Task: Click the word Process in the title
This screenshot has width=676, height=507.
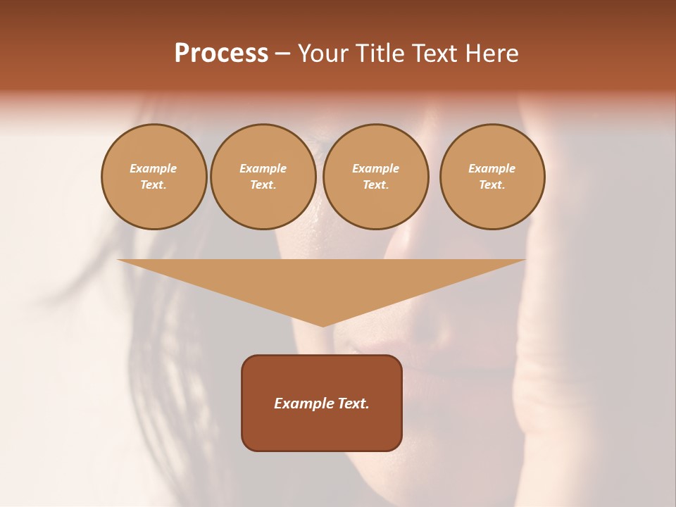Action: (x=221, y=54)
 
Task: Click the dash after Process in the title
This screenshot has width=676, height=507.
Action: (x=282, y=54)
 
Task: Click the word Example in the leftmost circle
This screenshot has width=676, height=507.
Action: (x=154, y=168)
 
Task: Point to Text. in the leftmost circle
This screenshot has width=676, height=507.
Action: (x=154, y=184)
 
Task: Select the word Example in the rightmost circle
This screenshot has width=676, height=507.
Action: (x=492, y=168)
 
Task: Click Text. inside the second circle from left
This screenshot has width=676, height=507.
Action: (x=263, y=184)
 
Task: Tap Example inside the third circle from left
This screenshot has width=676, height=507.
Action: (x=376, y=168)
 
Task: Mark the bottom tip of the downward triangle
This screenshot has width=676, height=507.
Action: (x=323, y=325)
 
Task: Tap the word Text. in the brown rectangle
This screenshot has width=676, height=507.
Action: (x=352, y=403)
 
